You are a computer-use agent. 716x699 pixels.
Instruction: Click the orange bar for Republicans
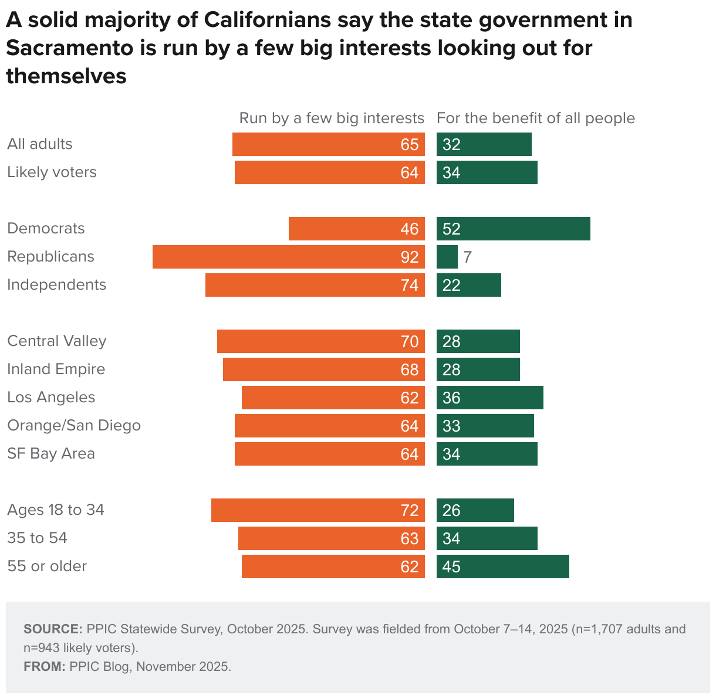(288, 257)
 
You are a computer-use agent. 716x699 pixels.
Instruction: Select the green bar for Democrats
(514, 229)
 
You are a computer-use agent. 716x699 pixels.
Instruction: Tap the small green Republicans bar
(447, 257)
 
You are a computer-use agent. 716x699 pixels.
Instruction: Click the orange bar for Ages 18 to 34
(317, 510)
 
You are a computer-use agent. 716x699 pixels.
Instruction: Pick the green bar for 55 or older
(503, 566)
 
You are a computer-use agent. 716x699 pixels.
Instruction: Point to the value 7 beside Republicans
(467, 257)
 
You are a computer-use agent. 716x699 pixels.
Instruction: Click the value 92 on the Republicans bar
(410, 257)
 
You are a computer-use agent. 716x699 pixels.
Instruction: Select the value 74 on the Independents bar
(410, 285)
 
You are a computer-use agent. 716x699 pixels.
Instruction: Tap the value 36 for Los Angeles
(451, 398)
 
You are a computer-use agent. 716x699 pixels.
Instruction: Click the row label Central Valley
(57, 341)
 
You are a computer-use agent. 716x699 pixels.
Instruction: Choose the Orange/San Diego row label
(74, 426)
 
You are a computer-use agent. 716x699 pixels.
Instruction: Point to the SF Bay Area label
(51, 454)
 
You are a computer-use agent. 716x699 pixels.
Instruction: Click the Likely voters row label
(52, 172)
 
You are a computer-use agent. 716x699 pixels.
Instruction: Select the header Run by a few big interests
(332, 118)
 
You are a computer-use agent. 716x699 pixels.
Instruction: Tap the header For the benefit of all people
(536, 118)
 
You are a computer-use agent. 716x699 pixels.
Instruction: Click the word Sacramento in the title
(70, 48)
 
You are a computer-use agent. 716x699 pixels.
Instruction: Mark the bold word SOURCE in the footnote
(53, 629)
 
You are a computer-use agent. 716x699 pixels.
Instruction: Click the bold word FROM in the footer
(44, 667)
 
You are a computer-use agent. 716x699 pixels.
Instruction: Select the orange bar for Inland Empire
(324, 369)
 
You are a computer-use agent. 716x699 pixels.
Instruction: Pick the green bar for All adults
(484, 144)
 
